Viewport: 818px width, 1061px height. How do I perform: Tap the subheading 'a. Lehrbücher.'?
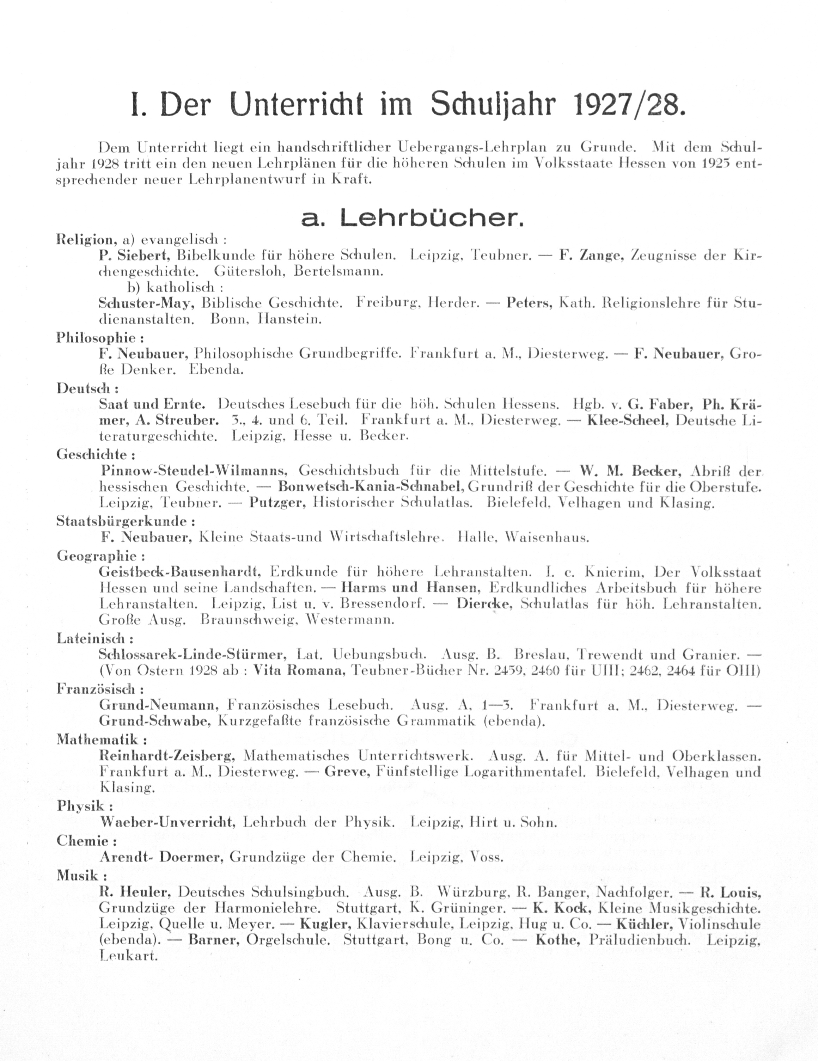pos(412,220)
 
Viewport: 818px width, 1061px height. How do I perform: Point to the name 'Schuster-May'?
pos(146,303)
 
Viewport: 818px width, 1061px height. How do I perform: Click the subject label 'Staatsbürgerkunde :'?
pos(126,522)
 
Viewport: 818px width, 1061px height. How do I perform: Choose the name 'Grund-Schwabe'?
pos(154,721)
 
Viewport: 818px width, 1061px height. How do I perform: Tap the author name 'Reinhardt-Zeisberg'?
pos(167,756)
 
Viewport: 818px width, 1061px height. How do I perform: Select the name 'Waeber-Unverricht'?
pos(168,822)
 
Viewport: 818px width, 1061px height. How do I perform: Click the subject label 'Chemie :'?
pos(86,840)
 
